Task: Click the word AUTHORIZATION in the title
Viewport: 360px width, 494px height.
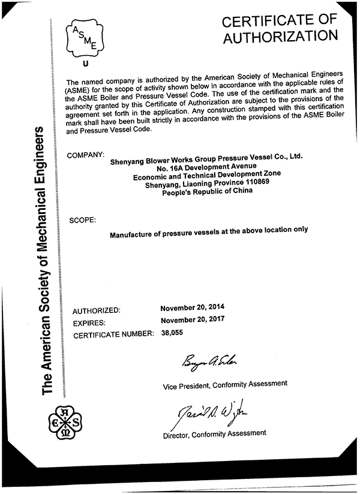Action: (x=280, y=37)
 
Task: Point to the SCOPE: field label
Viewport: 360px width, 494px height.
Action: (x=83, y=220)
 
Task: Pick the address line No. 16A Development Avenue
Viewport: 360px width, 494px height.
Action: (x=207, y=167)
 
